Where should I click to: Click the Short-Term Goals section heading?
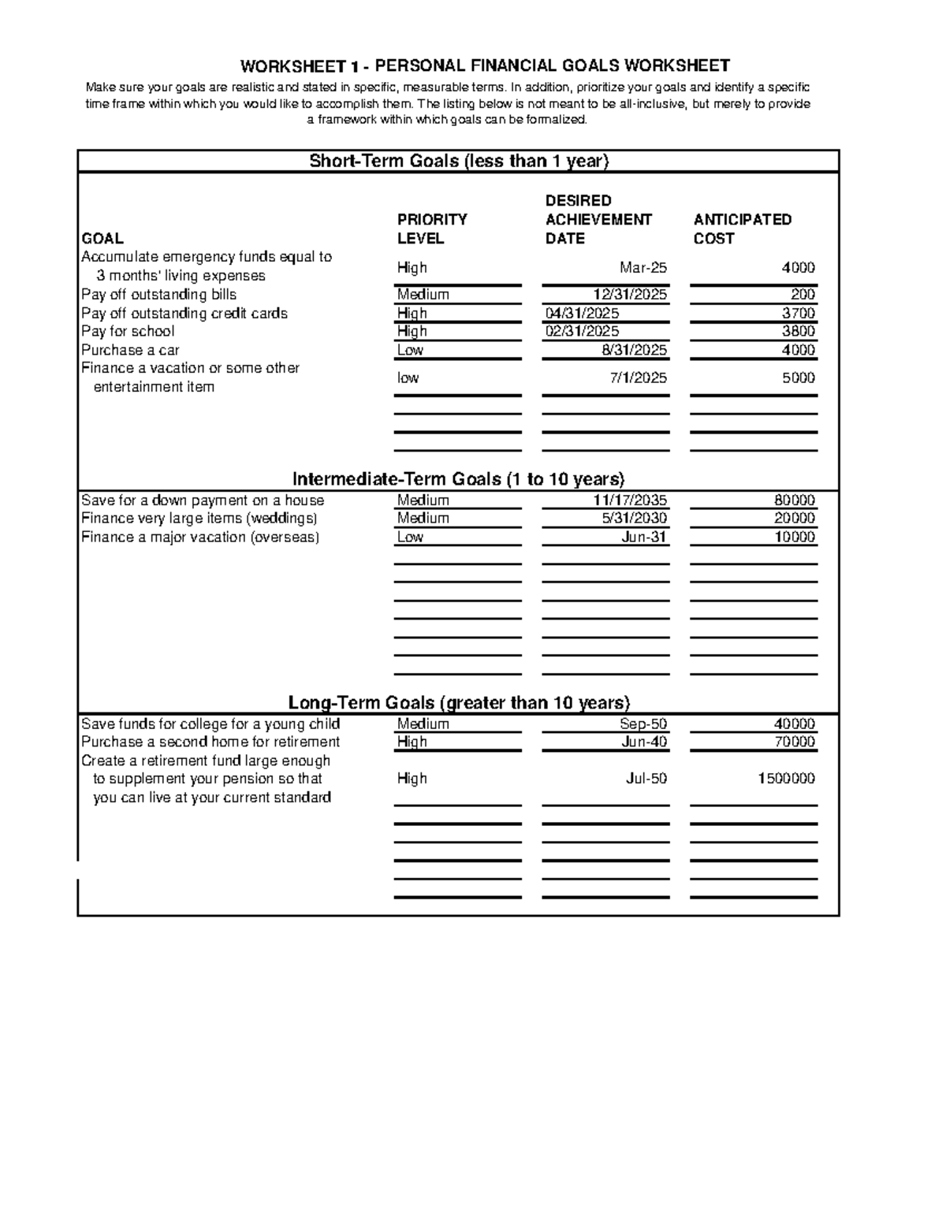459,162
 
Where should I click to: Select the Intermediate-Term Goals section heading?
458,479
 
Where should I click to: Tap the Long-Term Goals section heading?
459,703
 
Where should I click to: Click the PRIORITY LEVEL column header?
432,229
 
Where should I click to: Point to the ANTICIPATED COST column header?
742,229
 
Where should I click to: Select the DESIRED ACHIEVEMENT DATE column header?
598,219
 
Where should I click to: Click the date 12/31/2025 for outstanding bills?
630,295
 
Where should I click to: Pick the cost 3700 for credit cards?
798,314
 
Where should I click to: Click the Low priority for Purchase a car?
410,350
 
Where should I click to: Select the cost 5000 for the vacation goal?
798,378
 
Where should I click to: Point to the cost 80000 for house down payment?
795,500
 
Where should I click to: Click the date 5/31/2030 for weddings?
634,519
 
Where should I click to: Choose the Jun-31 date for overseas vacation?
644,538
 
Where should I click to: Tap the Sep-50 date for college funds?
643,724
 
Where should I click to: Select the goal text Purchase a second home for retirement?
210,742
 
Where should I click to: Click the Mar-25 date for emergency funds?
643,268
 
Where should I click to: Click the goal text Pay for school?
128,332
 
